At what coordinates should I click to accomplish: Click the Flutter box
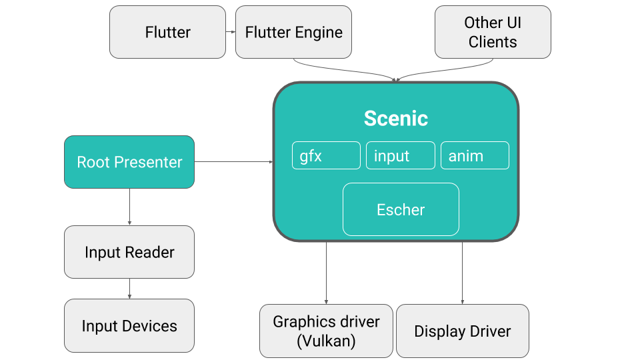click(x=167, y=32)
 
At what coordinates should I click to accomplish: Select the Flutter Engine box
click(x=293, y=32)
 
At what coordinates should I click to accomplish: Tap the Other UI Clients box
click(x=493, y=32)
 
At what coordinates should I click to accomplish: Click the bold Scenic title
click(x=395, y=119)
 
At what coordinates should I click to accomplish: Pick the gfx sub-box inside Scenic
click(x=326, y=156)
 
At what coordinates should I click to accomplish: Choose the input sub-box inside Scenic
click(x=400, y=156)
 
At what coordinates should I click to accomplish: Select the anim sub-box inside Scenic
click(x=475, y=156)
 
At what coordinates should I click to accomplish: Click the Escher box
click(x=401, y=209)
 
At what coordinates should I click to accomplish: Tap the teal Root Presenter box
click(x=129, y=162)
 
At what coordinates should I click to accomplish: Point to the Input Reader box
click(x=129, y=252)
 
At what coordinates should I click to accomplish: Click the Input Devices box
click(x=129, y=326)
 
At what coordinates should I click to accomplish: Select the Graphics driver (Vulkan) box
click(x=326, y=331)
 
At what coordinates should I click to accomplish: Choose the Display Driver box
click(x=462, y=331)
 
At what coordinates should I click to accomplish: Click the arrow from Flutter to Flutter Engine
click(x=231, y=32)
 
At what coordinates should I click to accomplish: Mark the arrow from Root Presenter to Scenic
click(x=233, y=161)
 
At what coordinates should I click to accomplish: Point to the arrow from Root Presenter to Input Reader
click(x=129, y=207)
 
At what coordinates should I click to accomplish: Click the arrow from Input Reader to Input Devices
click(x=129, y=289)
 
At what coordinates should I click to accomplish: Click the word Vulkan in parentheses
click(x=326, y=341)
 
